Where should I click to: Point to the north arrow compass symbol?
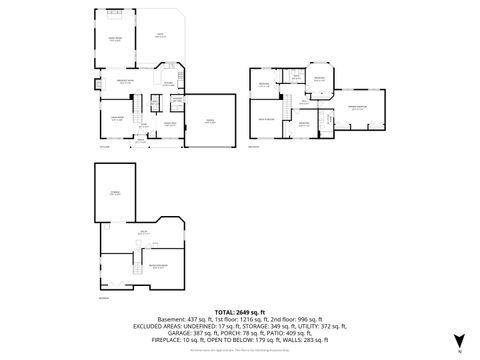tap(458, 341)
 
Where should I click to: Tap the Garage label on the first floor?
tap(210, 122)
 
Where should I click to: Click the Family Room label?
tap(115, 39)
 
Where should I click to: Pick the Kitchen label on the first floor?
tap(169, 85)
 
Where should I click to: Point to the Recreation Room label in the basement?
tap(157, 266)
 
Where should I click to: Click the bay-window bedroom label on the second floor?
tap(319, 80)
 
